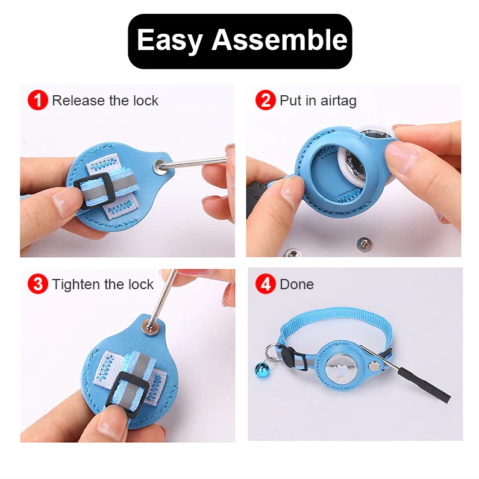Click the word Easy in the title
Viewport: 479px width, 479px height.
click(170, 40)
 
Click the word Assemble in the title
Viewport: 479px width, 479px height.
click(280, 40)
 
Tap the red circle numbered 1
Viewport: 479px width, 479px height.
click(38, 100)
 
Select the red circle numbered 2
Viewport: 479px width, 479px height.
click(266, 100)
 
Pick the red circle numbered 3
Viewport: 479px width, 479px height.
click(38, 284)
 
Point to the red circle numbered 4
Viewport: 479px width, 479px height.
click(266, 284)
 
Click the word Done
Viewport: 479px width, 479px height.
click(296, 284)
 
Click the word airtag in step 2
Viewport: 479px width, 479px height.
click(338, 101)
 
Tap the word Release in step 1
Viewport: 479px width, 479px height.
click(78, 101)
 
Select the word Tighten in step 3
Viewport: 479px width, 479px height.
click(76, 285)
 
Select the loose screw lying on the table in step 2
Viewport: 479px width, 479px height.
click(364, 244)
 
